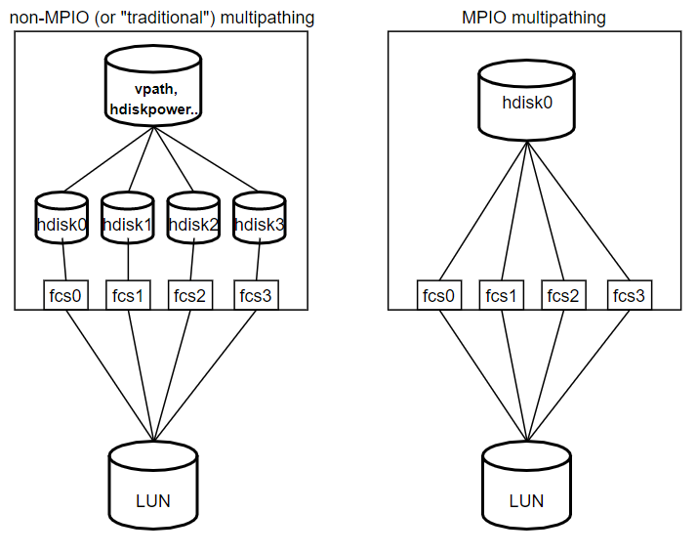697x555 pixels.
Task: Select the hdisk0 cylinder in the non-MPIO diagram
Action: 61,224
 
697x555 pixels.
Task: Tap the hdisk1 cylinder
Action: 128,224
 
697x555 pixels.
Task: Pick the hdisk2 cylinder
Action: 192,224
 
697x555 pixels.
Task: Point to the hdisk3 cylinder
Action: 259,224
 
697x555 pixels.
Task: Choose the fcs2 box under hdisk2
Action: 192,294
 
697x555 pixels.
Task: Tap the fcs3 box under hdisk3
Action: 256,294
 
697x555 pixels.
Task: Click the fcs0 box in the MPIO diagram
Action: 438,294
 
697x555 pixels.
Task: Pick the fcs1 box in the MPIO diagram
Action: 502,294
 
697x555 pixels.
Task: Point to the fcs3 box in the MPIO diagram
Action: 629,294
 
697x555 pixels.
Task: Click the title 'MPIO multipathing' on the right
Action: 533,17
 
